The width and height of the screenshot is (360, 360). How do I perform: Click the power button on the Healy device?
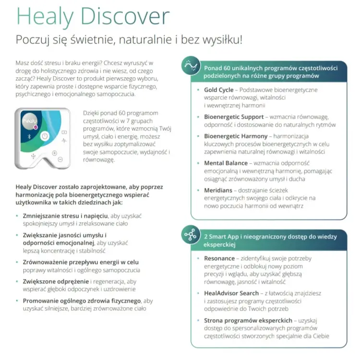[45, 136]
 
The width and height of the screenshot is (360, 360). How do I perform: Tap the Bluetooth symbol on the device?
[29, 137]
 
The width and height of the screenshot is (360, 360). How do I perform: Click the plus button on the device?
[54, 153]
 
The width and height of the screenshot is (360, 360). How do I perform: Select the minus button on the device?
[60, 159]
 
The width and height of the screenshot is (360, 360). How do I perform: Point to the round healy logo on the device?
[30, 121]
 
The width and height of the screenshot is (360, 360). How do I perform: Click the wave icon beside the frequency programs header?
[191, 66]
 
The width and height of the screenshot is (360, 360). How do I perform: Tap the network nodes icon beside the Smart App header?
[191, 235]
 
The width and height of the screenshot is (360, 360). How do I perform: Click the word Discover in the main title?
[125, 16]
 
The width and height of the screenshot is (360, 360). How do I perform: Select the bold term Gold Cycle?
[218, 90]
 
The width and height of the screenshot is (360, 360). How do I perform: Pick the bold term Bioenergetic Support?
[234, 117]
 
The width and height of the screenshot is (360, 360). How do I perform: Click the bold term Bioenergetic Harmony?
[236, 136]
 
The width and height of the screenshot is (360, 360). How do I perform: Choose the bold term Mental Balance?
[226, 163]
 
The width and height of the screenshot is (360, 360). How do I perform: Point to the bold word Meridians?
[218, 191]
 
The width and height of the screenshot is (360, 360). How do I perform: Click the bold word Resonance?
[219, 259]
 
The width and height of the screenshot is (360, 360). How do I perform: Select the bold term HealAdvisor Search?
[231, 293]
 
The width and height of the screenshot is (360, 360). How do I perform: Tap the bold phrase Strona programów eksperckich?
[248, 321]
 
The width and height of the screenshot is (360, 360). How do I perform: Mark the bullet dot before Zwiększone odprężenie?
[17, 281]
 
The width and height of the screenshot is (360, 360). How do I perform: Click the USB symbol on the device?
[33, 156]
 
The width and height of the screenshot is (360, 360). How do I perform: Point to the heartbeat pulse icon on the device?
[64, 140]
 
